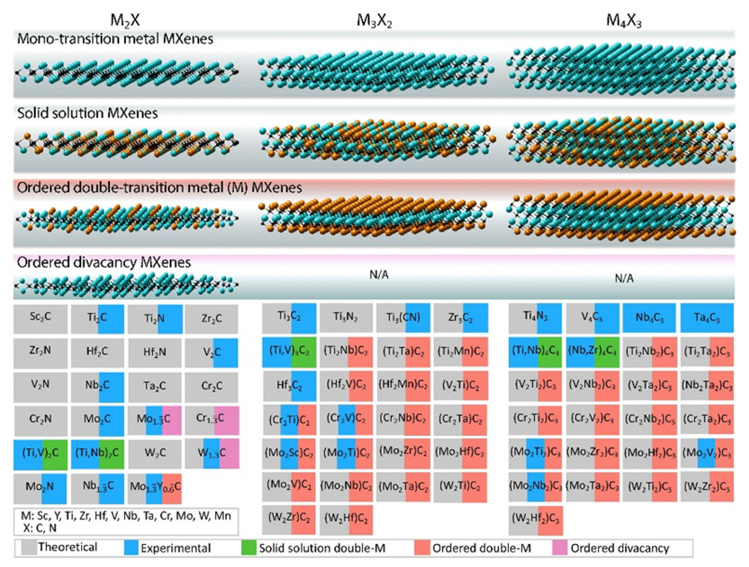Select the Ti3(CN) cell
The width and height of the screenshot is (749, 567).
(x=403, y=318)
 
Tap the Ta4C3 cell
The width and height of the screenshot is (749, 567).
(x=707, y=318)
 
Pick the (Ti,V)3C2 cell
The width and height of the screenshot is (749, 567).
(x=289, y=352)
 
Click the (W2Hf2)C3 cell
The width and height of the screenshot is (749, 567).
(x=535, y=520)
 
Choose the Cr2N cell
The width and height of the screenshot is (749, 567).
(x=40, y=419)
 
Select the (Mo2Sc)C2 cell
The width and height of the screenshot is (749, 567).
(x=289, y=453)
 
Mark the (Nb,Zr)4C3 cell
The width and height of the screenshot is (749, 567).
(x=593, y=352)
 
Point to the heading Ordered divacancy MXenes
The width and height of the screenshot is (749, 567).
(x=104, y=262)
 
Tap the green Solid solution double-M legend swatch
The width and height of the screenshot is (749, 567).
(x=249, y=548)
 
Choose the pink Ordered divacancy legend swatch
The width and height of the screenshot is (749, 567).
(x=559, y=548)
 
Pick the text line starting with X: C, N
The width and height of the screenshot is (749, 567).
(x=40, y=528)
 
